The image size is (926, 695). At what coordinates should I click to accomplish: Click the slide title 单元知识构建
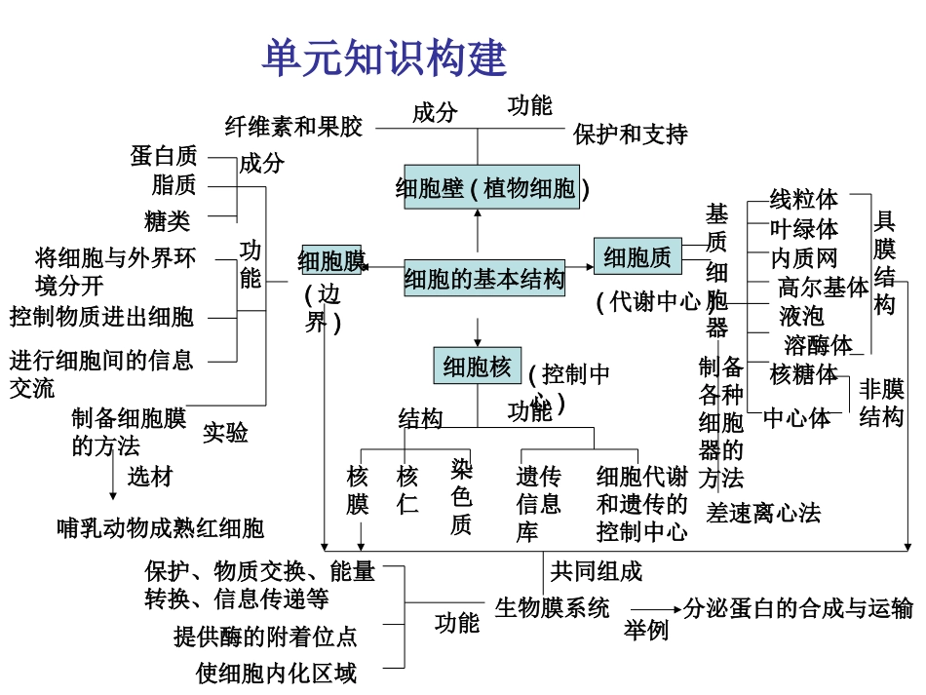pos(384,58)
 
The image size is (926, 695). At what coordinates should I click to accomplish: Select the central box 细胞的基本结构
pos(484,280)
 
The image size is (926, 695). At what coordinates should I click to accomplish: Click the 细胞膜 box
pos(331,260)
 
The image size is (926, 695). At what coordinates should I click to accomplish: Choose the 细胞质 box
pos(637,257)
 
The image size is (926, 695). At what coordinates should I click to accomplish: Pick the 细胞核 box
pos(477,367)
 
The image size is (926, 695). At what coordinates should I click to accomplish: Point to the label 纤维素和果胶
pos(293,127)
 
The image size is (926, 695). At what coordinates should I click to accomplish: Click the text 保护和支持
pos(630,134)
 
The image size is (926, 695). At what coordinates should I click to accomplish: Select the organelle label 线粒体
pos(803,200)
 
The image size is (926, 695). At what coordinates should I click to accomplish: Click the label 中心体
pos(796,418)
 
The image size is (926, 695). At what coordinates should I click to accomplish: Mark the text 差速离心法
pos(764,513)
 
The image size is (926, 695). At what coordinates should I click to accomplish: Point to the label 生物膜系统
pos(552,608)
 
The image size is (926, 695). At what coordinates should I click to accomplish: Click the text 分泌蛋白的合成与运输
pos(798,608)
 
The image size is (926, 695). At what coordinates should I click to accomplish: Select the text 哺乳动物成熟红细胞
pos(160,528)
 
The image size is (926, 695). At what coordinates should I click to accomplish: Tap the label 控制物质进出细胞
pos(102,317)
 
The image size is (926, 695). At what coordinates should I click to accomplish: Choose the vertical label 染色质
pos(461,496)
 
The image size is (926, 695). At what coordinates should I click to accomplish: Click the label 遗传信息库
pos(538,504)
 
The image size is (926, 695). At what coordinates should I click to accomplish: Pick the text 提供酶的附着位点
pos(265,637)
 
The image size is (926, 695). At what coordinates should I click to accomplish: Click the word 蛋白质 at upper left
pos(164,156)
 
